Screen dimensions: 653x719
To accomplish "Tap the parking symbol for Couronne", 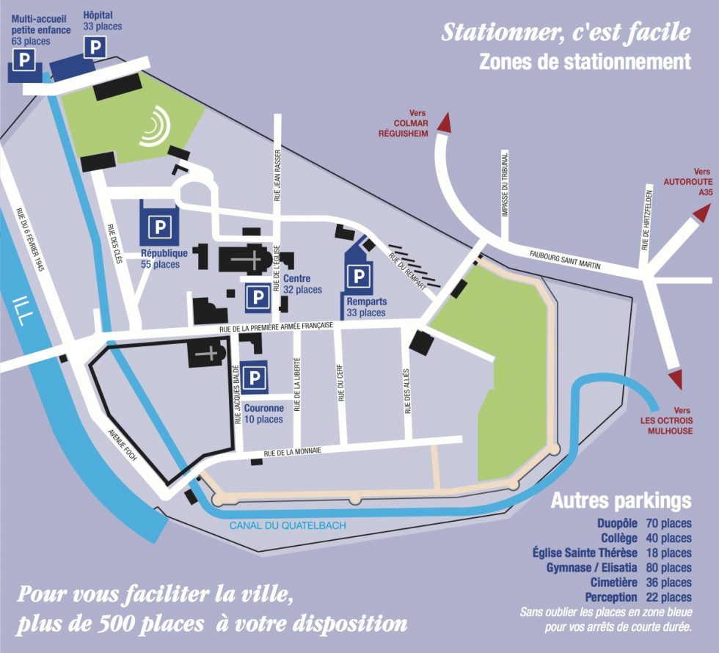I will coord(255,379).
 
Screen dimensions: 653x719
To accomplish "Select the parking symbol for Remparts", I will coord(359,277).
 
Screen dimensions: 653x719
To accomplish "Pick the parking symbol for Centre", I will coord(257,297).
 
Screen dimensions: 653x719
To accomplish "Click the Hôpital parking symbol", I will coord(95,48).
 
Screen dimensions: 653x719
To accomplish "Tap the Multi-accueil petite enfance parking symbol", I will coord(25,60).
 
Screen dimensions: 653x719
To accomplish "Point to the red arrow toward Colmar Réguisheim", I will coord(443,122).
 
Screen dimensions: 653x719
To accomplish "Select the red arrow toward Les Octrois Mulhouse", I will coord(674,379).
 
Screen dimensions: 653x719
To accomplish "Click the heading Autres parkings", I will coord(621,501).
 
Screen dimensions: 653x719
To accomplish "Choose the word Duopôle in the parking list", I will coord(614,524).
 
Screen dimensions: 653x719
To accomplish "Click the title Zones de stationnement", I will coord(585,62).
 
